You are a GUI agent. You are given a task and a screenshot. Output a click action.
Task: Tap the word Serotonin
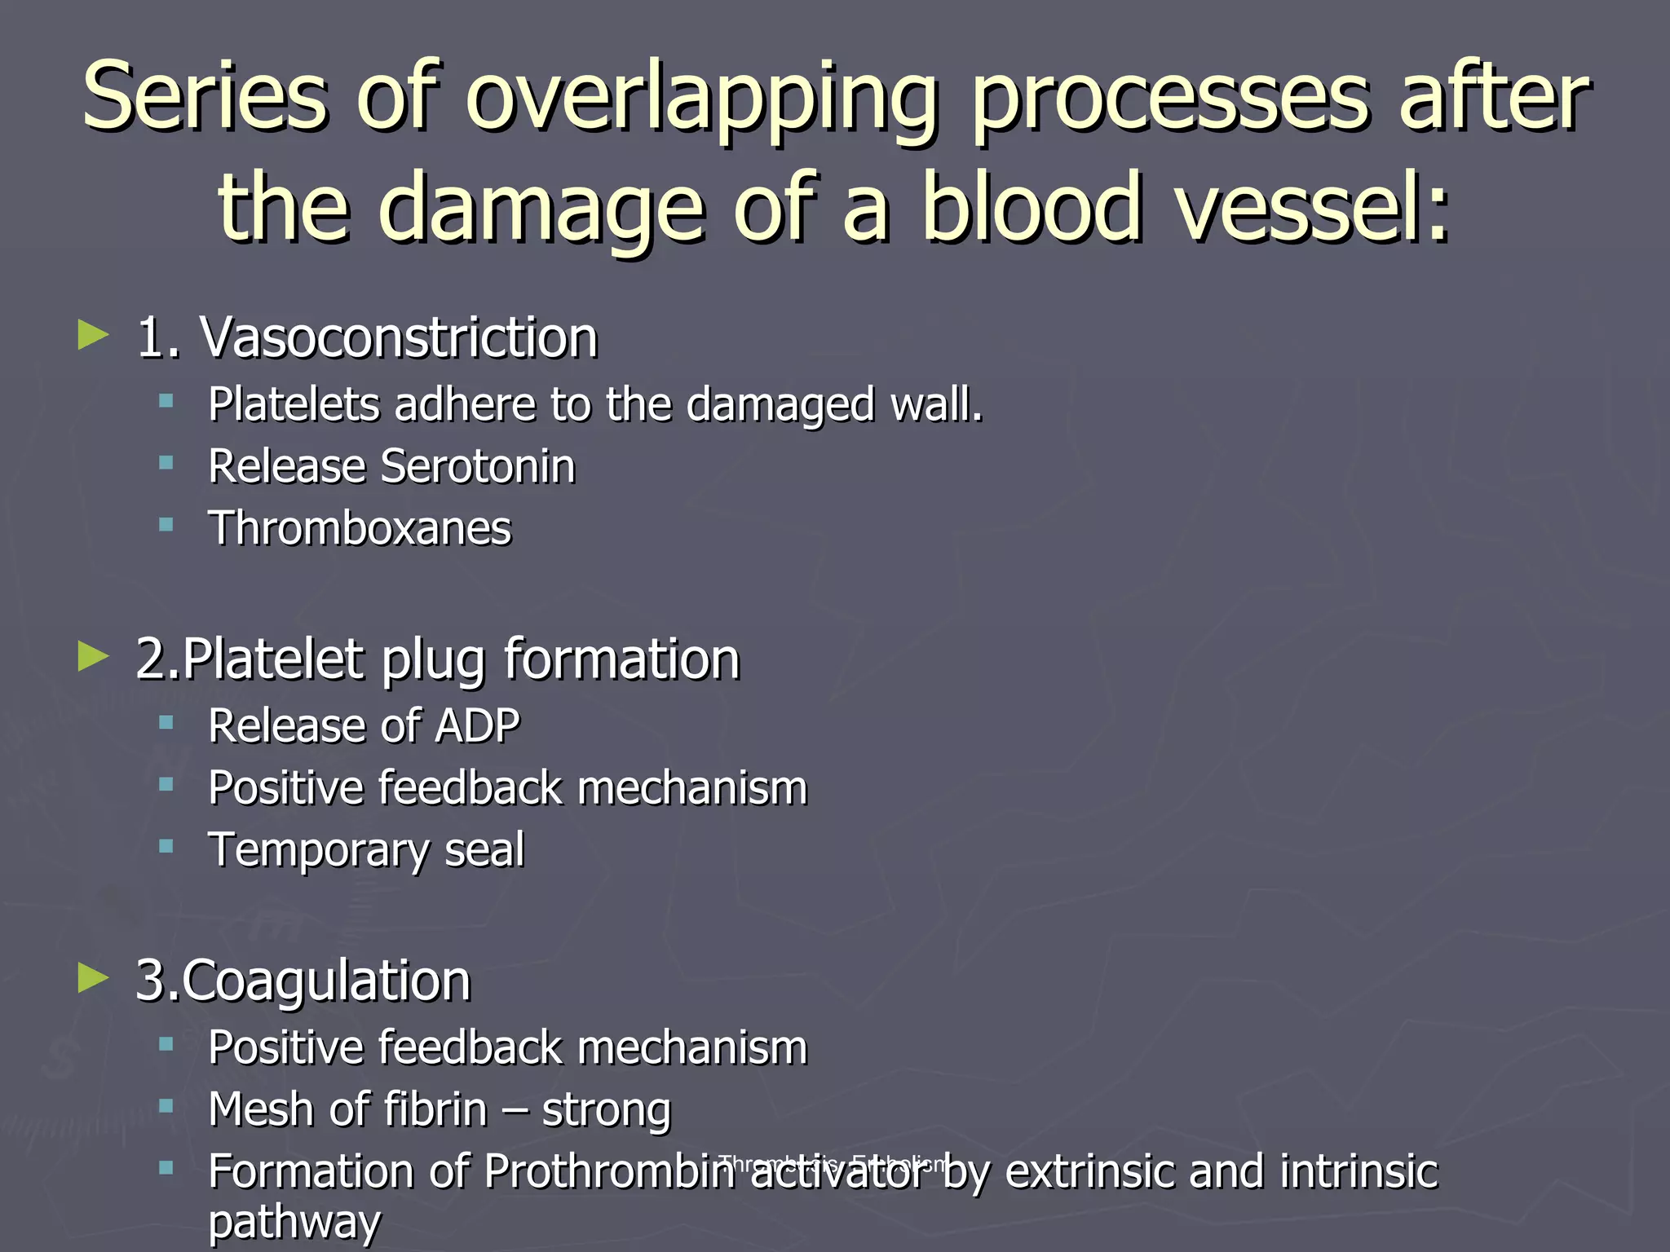478,466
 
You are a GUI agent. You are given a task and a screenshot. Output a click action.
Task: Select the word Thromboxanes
360,528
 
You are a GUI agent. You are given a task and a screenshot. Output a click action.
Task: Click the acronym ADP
478,725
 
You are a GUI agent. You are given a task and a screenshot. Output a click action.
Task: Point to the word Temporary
319,851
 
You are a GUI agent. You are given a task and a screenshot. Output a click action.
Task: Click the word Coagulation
326,981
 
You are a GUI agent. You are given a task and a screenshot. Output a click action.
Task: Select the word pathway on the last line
294,1222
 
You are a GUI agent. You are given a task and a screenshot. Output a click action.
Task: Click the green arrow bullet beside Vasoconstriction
93,334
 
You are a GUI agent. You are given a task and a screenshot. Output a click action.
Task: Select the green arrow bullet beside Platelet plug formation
93,656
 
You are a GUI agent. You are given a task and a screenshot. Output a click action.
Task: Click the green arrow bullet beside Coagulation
93,977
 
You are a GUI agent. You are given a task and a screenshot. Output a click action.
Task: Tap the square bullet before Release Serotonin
166,463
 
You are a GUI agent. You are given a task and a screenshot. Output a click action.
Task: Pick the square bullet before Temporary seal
166,846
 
